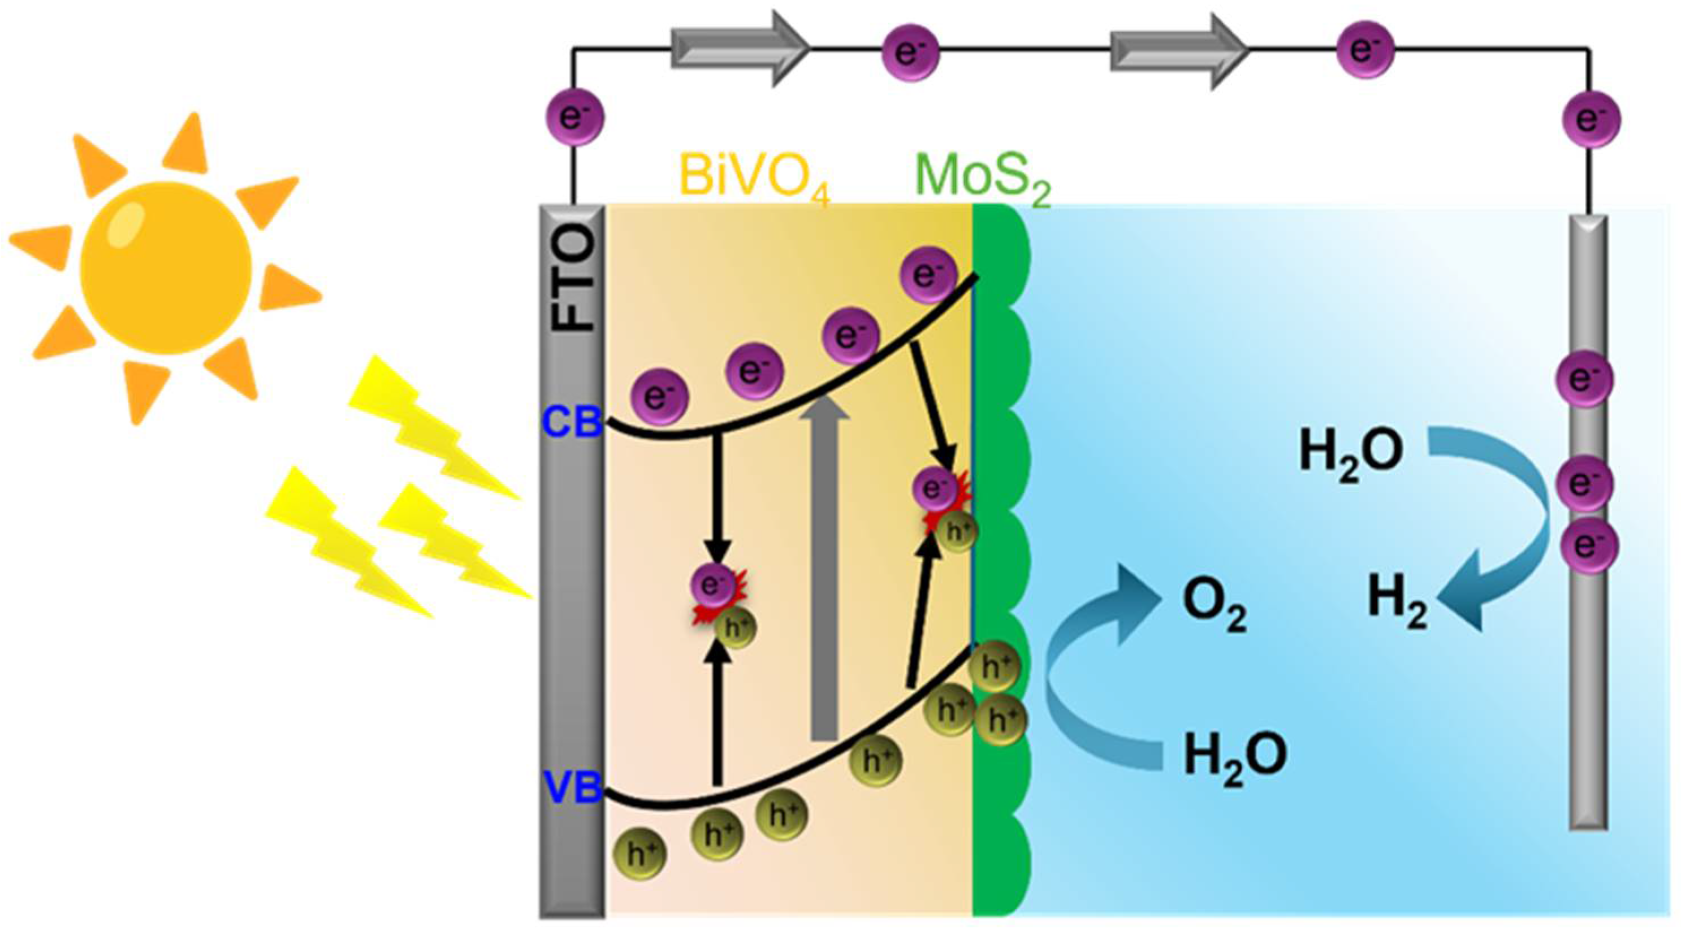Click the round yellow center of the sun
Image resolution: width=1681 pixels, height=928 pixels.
pos(166,267)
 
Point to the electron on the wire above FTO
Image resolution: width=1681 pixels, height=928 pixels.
pos(574,118)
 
